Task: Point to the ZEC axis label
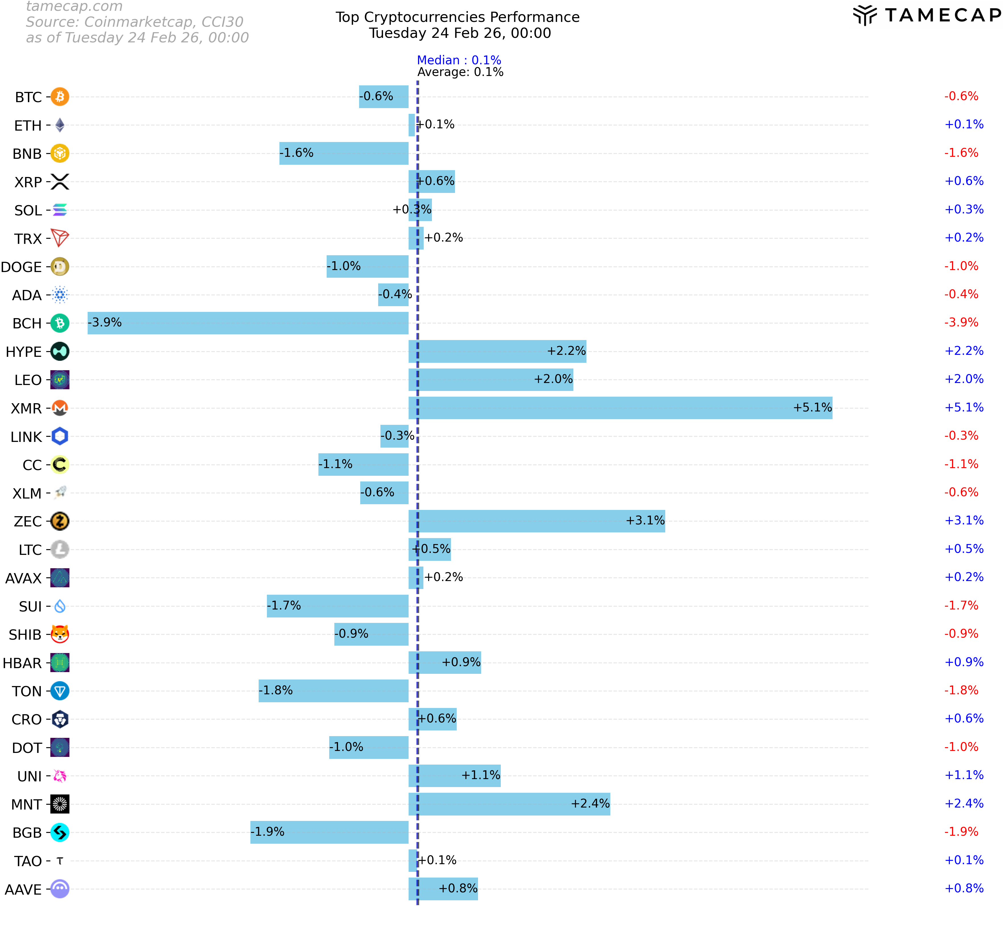click(28, 521)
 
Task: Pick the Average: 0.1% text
click(460, 72)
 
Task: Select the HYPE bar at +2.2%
click(497, 351)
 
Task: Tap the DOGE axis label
click(21, 267)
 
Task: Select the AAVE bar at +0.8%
click(443, 889)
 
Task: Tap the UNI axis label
click(29, 776)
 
